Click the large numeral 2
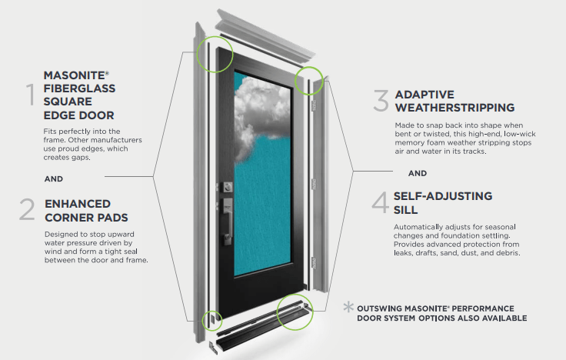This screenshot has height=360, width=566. [x=27, y=210]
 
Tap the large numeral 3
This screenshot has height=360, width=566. [x=381, y=100]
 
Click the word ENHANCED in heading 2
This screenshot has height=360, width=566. [x=77, y=204]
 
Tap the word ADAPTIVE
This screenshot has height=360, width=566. [x=424, y=95]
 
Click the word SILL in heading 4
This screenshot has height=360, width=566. [x=409, y=209]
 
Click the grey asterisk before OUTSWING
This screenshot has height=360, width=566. [x=349, y=308]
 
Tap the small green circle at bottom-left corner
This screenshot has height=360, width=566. [x=210, y=321]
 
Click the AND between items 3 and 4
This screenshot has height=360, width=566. [x=417, y=173]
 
